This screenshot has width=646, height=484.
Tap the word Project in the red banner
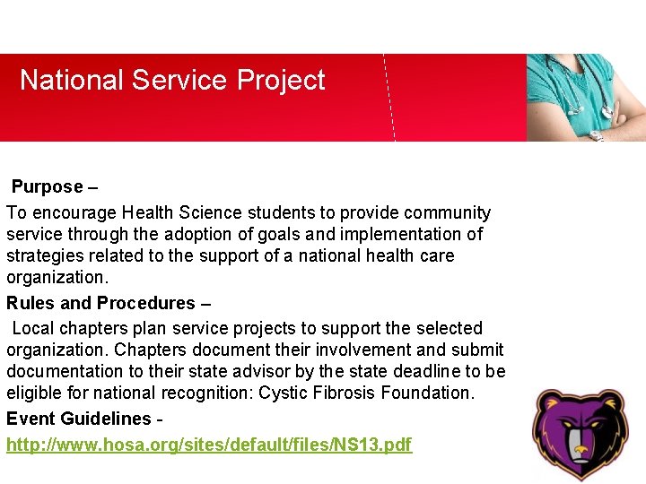(281, 81)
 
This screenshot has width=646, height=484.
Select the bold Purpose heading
(47, 187)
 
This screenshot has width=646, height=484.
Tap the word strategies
(42, 256)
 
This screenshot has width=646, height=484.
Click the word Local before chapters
(32, 328)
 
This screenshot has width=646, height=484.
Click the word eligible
(33, 393)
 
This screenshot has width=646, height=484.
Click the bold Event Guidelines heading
(78, 419)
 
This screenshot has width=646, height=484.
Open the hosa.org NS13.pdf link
(209, 445)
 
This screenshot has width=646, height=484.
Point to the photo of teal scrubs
(586, 97)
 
